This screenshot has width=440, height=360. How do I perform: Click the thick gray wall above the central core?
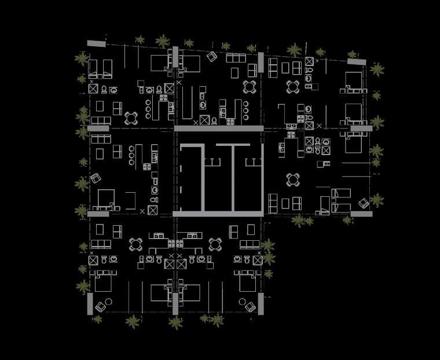(219, 128)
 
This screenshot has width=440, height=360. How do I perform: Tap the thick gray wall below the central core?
(219, 214)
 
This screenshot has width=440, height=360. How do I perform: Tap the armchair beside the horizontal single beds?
(364, 203)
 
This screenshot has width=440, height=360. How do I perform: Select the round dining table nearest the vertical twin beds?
(131, 118)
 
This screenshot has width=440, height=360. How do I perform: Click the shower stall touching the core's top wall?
(204, 120)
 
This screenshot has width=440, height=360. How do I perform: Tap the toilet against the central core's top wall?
(214, 120)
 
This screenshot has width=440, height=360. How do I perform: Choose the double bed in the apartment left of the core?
(106, 199)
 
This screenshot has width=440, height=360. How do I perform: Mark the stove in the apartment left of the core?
(147, 167)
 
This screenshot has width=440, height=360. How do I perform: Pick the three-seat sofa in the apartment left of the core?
(100, 139)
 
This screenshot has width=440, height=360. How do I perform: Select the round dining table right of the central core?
(293, 179)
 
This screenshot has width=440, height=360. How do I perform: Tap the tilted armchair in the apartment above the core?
(212, 57)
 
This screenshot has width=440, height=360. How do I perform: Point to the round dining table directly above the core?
(250, 87)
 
